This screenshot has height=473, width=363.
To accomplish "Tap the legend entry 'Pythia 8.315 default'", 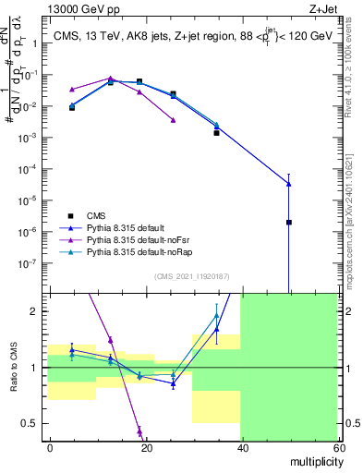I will point(129,227).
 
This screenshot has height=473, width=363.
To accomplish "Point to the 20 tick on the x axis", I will point(146,447).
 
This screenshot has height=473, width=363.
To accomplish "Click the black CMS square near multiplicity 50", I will point(289,223).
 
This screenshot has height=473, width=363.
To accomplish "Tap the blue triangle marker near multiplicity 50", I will point(289,184).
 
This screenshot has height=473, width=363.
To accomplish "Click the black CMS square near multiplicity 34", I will point(217,133).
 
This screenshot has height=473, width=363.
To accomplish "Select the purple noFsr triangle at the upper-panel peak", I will point(110,79).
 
